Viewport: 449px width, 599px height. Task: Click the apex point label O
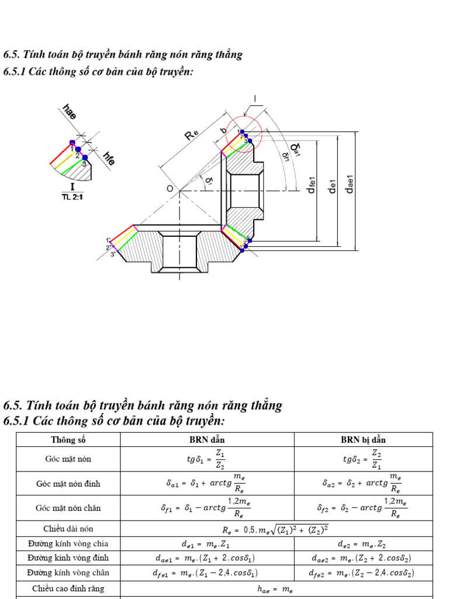point(170,189)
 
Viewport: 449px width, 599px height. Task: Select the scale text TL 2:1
point(72,197)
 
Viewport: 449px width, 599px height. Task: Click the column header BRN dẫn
point(206,440)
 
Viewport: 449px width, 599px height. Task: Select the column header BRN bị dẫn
point(362,440)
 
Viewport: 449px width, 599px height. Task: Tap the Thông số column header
point(68,440)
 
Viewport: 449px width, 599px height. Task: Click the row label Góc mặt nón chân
point(68,508)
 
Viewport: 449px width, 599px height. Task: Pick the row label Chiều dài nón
point(68,529)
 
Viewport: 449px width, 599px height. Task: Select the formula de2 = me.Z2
point(362,543)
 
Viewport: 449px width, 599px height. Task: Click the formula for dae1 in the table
point(206,558)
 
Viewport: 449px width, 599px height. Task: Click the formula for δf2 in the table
point(362,508)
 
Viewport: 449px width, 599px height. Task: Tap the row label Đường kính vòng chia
point(68,543)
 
